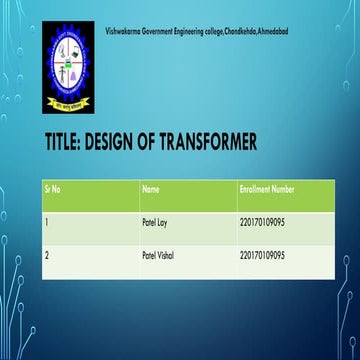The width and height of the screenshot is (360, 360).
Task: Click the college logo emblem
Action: pos(68,66)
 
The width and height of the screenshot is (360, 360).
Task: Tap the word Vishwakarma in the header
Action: pos(121,34)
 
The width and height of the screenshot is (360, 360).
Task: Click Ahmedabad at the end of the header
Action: pos(273,34)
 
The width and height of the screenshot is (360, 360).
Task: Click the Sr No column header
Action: pos(53,188)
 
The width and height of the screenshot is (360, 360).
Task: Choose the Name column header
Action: pos(151,188)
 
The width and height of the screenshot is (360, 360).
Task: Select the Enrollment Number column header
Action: pos(267,188)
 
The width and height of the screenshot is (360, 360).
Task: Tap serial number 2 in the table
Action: pos(47,256)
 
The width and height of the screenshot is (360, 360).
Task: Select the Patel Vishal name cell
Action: pos(158,256)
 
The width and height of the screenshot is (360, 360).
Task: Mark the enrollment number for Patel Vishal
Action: pos(263,256)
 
